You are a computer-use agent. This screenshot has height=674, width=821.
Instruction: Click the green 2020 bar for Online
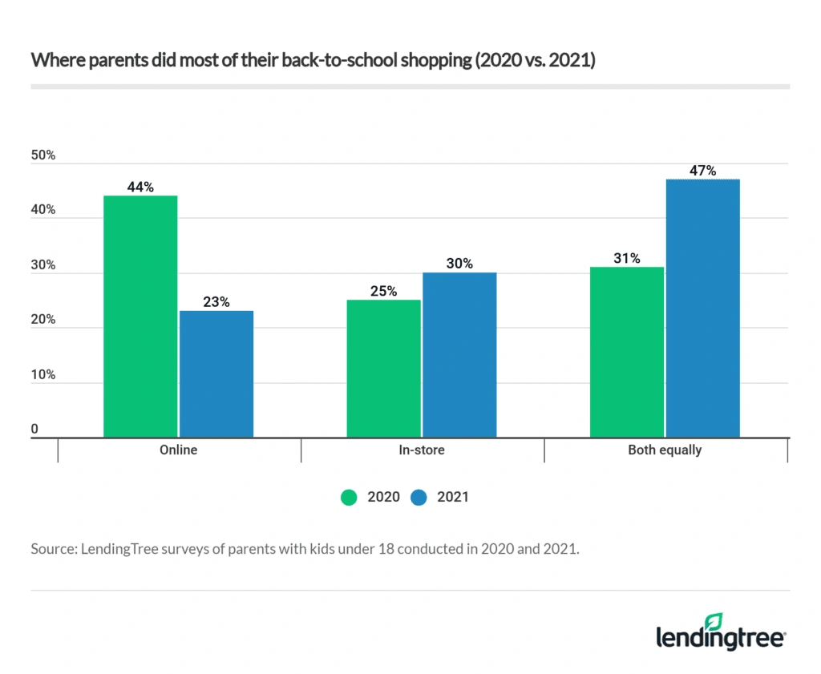pos(140,317)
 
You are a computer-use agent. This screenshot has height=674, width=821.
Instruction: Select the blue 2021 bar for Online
pos(216,373)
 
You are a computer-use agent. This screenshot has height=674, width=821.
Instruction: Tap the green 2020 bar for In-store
pos(383,369)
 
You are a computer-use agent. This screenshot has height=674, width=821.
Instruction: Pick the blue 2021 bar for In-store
pos(459,355)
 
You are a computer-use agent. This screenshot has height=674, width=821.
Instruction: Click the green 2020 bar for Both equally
pos(626,352)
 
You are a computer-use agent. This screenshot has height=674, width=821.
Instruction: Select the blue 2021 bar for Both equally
pos(702,309)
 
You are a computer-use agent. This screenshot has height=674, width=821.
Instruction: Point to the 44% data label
pos(140,187)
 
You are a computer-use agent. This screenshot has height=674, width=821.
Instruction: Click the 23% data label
pos(216,302)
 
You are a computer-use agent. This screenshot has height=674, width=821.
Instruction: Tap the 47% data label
pos(702,171)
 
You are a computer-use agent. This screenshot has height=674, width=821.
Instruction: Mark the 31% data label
pos(626,258)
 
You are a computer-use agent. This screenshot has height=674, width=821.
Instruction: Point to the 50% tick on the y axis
pos(43,155)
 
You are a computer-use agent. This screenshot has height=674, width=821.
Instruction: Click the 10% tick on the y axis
pos(43,374)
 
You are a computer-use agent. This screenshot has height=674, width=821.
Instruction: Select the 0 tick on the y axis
pos(35,430)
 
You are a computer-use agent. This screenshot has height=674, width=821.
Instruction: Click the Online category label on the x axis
pos(178,450)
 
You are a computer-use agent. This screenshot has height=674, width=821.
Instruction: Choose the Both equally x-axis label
pos(665,450)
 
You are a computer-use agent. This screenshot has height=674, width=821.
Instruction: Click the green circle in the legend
pos(349,497)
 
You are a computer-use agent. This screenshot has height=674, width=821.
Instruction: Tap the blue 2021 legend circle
pos(419,497)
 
